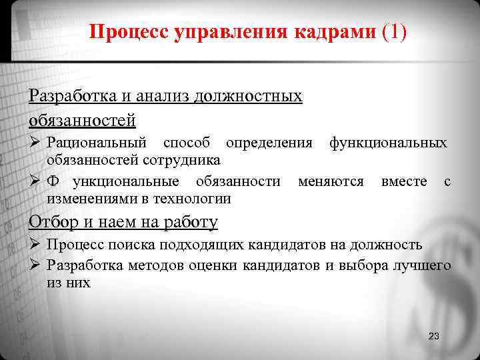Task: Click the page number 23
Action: [x=434, y=336]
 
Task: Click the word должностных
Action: [x=248, y=96]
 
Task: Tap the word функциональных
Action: [x=388, y=143]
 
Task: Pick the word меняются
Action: [x=331, y=181]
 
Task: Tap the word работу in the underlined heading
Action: [x=193, y=221]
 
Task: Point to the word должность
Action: [x=384, y=245]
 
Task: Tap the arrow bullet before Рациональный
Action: [x=35, y=143]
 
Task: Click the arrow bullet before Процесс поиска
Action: [x=35, y=245]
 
